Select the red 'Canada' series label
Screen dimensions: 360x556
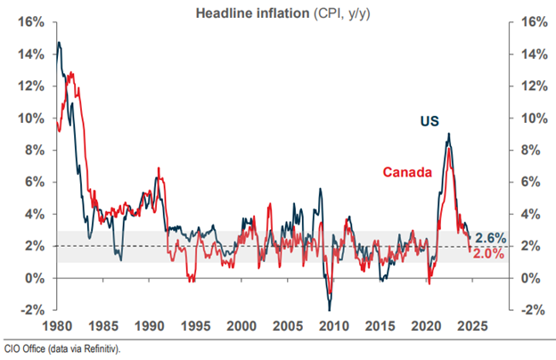408,171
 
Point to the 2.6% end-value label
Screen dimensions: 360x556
490,238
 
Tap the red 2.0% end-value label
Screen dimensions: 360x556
490,254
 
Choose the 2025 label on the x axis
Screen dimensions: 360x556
469,325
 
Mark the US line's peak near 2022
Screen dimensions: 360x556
448,135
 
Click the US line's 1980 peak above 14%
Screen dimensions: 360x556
59,42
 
